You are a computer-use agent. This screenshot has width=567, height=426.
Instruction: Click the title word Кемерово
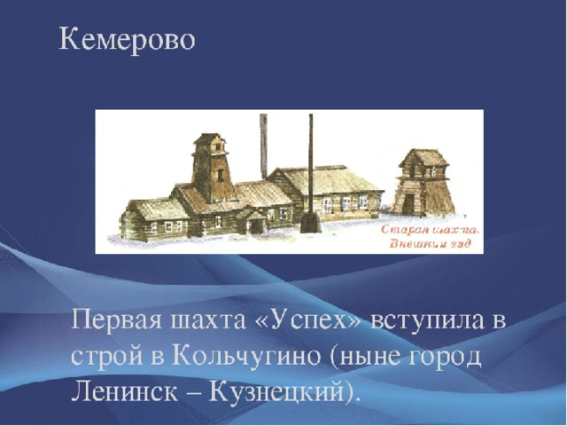(127, 39)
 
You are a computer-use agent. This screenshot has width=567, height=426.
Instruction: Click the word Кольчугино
(247, 358)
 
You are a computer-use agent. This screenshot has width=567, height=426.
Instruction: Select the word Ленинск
(124, 392)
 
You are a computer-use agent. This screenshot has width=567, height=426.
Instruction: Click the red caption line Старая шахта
(431, 230)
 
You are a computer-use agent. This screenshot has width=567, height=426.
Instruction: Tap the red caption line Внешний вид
(431, 242)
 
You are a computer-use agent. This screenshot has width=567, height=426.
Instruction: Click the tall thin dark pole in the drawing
(311, 170)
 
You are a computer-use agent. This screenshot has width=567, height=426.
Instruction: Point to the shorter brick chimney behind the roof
(263, 146)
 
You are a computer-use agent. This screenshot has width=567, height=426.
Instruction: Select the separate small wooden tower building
(423, 183)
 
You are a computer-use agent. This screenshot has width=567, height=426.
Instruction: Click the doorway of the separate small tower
(408, 204)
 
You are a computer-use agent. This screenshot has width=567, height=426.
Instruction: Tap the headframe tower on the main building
(213, 168)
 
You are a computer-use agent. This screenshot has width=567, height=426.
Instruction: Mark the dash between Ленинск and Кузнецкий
(193, 394)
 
